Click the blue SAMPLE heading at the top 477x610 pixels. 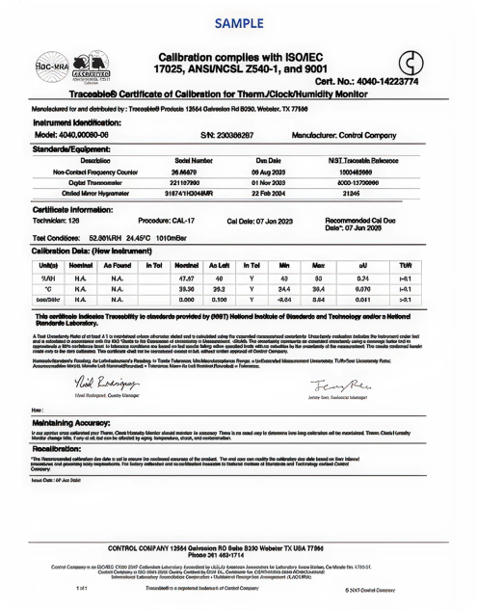[x=238, y=20]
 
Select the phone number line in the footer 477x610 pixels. [x=238, y=556]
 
